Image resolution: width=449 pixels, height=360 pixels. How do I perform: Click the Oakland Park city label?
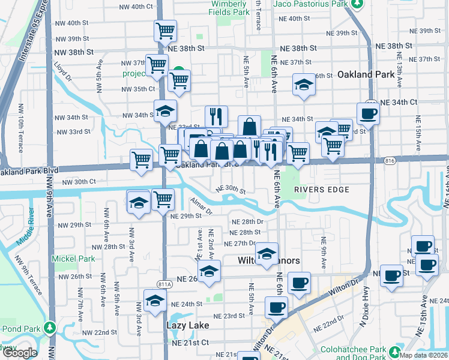366,75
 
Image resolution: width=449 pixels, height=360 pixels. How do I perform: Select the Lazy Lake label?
187,325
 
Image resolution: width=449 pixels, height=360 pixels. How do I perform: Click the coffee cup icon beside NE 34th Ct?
368,113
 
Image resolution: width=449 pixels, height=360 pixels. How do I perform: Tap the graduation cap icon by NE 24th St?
155,300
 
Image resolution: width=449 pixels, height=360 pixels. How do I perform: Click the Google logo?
19,353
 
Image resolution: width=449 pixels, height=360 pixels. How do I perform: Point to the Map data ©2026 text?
423,355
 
